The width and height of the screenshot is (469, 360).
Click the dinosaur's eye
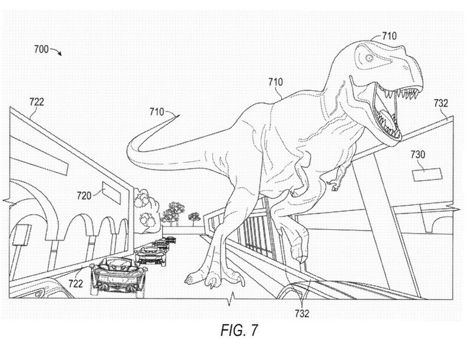369,58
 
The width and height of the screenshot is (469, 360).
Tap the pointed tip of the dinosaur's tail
180,115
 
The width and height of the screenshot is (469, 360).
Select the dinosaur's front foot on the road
216,278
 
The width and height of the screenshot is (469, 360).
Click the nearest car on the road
119,275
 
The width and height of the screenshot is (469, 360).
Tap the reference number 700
41,49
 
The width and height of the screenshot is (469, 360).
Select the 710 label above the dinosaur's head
389,36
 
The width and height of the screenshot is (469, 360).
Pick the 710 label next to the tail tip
157,112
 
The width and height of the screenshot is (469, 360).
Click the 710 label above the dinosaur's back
275,81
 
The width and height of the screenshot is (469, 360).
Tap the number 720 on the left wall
84,195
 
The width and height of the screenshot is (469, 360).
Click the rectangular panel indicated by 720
111,193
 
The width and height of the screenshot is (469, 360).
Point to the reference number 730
418,154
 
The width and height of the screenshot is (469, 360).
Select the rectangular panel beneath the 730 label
427,174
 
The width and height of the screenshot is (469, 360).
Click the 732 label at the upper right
441,103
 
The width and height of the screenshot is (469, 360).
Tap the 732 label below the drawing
302,313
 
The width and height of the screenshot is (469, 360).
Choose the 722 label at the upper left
36,102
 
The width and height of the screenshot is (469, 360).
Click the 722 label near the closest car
76,283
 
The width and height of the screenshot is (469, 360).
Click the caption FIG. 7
239,330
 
